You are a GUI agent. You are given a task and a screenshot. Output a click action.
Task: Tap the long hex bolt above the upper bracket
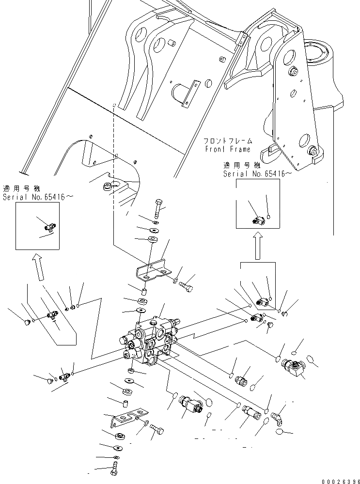159,209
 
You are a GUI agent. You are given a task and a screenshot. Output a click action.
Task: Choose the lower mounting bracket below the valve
125,418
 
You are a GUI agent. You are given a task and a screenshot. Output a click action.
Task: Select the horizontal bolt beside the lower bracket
157,429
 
